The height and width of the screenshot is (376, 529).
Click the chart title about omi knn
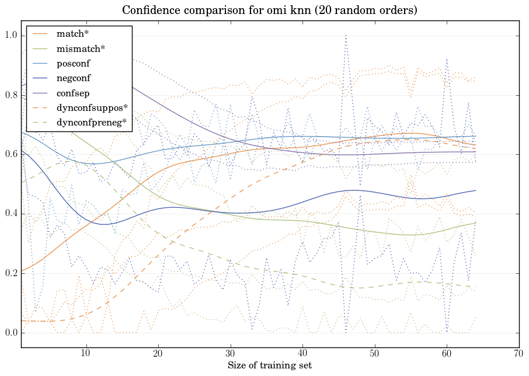(x=269, y=11)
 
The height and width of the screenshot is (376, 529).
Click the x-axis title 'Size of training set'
(x=269, y=365)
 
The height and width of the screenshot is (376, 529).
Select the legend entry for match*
(x=72, y=34)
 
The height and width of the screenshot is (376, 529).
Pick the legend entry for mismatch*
(x=81, y=48)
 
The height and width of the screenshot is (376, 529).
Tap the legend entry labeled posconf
(x=73, y=63)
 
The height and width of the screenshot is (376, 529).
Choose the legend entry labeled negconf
(x=74, y=78)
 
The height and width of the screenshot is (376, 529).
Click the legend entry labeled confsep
(x=72, y=92)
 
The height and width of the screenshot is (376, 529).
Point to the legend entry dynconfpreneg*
(x=91, y=122)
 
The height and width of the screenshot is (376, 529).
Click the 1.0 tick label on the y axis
(x=12, y=36)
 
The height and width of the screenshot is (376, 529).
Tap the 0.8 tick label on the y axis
(x=12, y=95)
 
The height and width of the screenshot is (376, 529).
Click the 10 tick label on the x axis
(x=86, y=354)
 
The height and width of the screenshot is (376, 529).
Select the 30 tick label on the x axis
(x=230, y=354)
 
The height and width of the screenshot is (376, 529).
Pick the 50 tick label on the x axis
(x=374, y=354)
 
